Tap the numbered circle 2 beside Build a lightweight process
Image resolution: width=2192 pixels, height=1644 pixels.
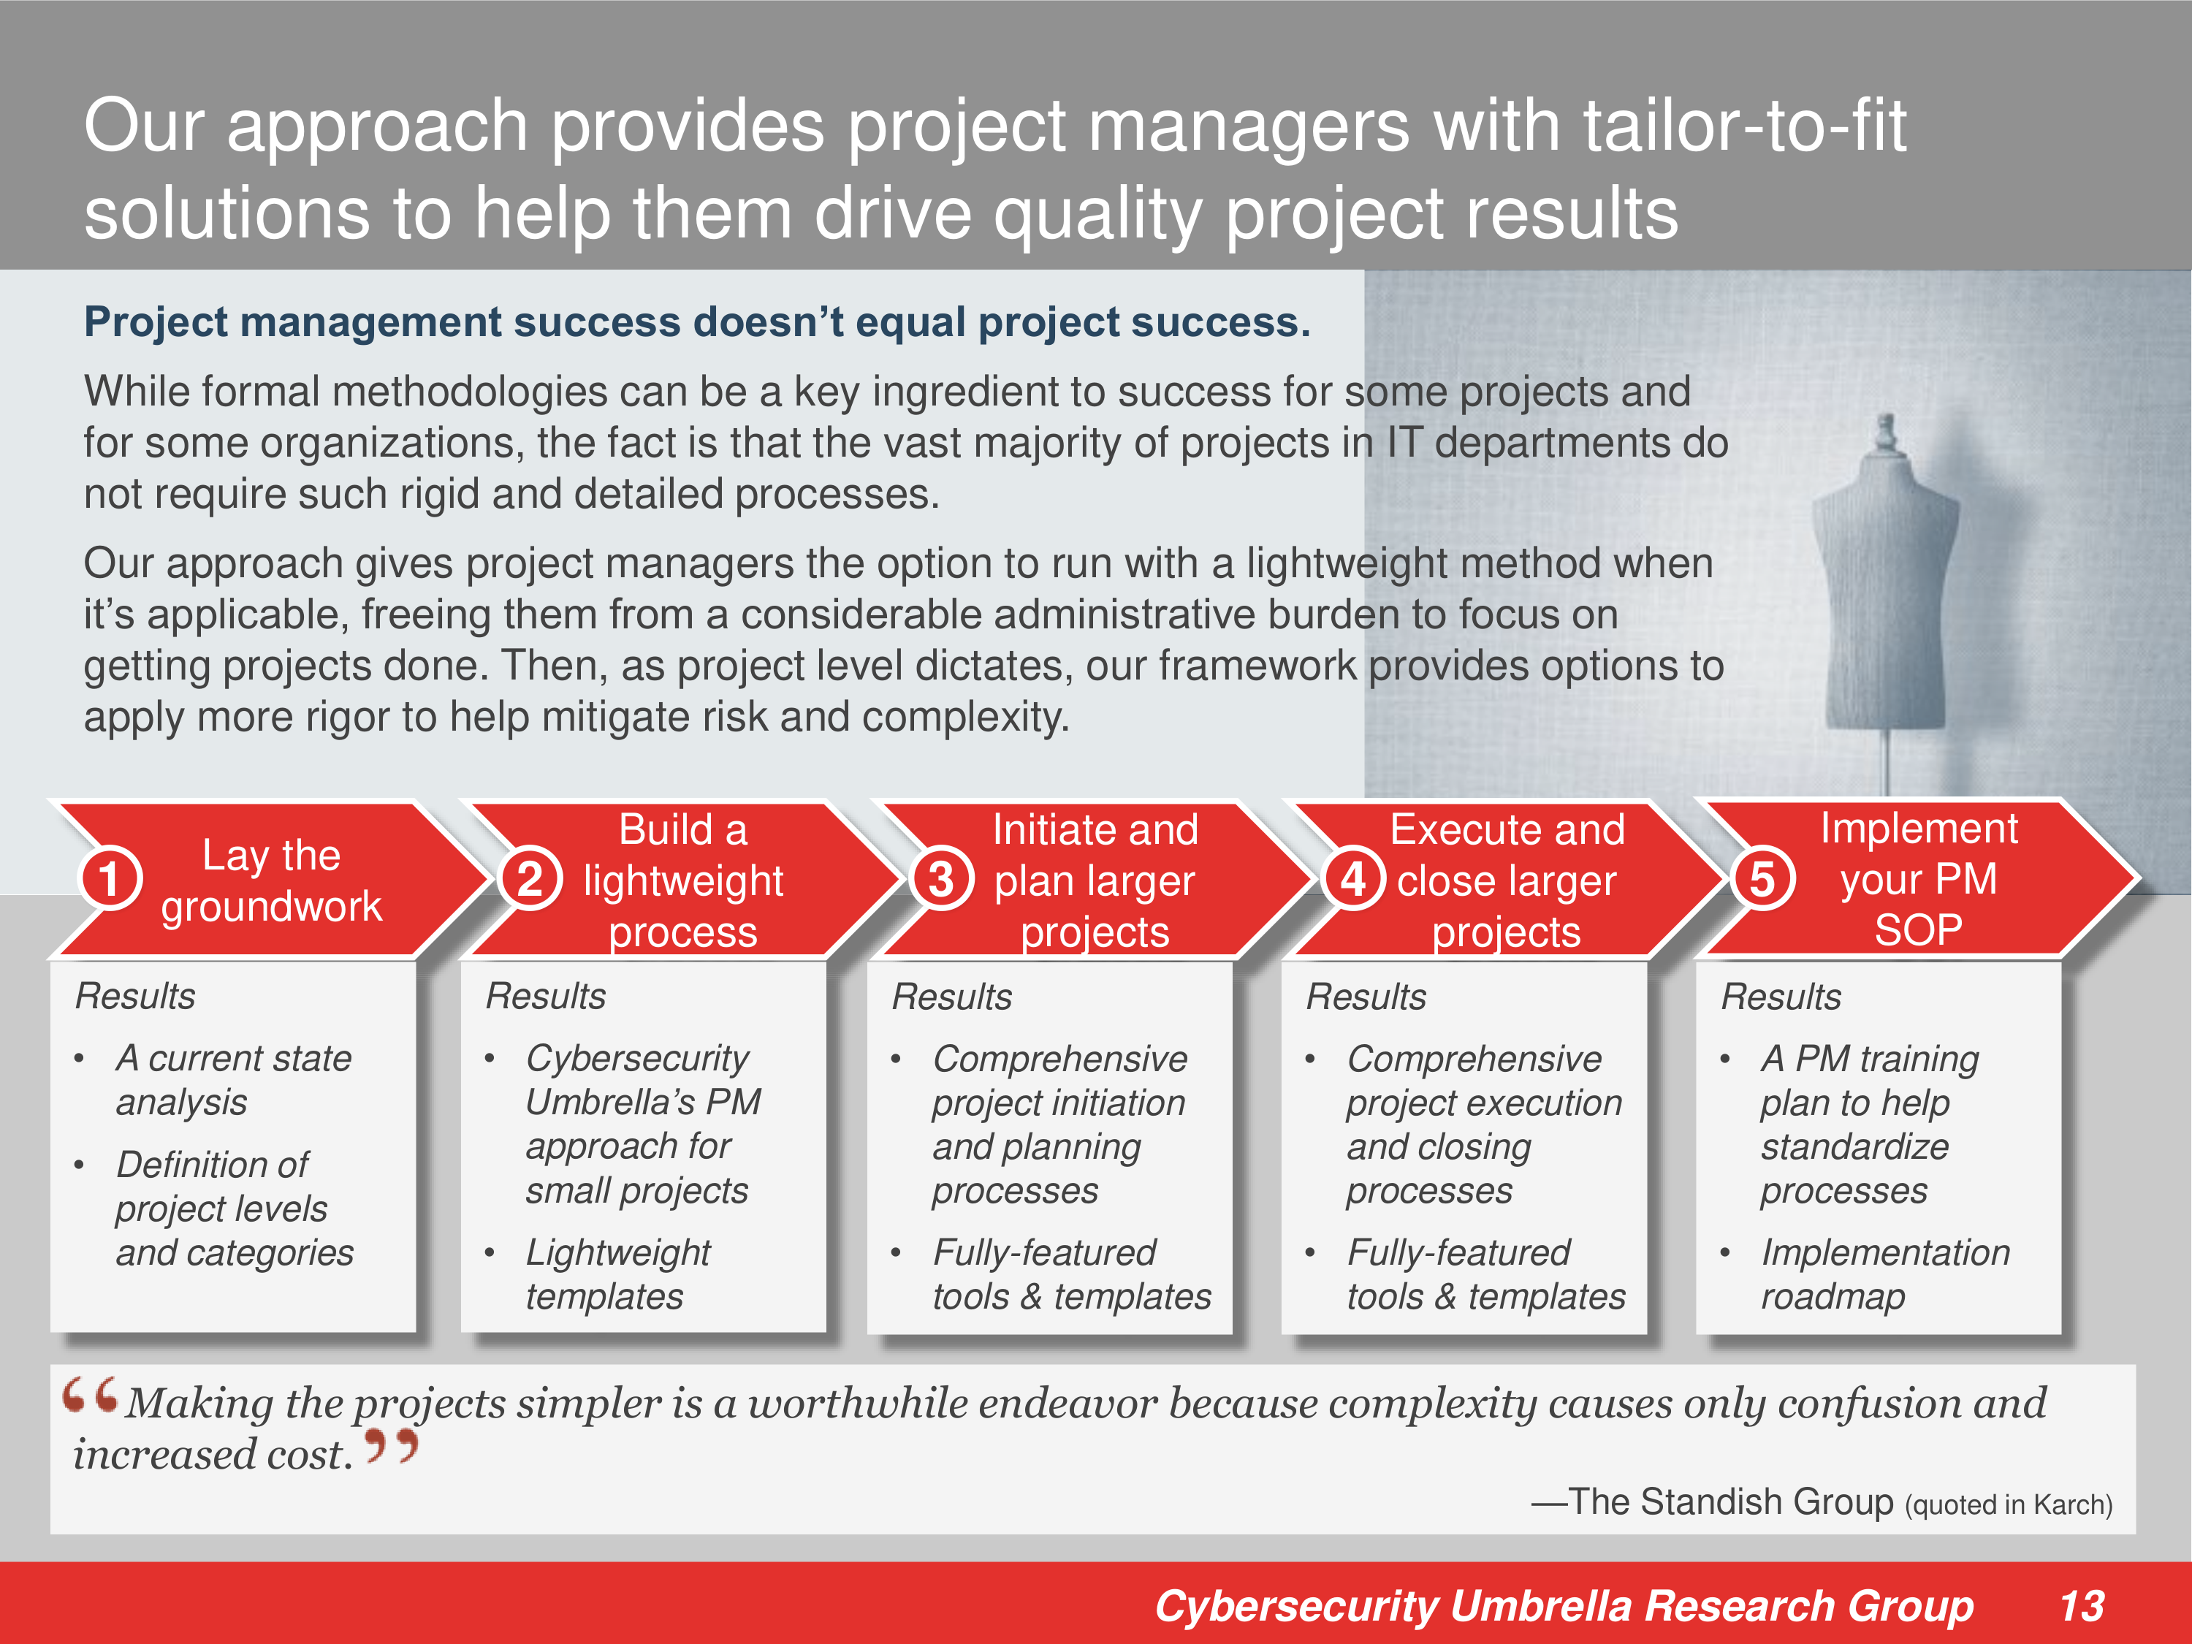(x=531, y=879)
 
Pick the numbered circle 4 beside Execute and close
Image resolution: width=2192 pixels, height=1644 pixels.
(x=1354, y=879)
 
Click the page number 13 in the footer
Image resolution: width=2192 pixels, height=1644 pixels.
(x=2081, y=1606)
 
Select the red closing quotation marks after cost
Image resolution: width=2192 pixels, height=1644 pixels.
(x=392, y=1447)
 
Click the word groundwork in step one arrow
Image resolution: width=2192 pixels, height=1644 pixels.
(x=272, y=906)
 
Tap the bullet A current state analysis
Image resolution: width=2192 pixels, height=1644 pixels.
(x=234, y=1080)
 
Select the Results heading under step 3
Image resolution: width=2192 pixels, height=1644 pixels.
(x=952, y=997)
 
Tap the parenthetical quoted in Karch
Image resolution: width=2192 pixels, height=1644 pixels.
(x=2009, y=1505)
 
